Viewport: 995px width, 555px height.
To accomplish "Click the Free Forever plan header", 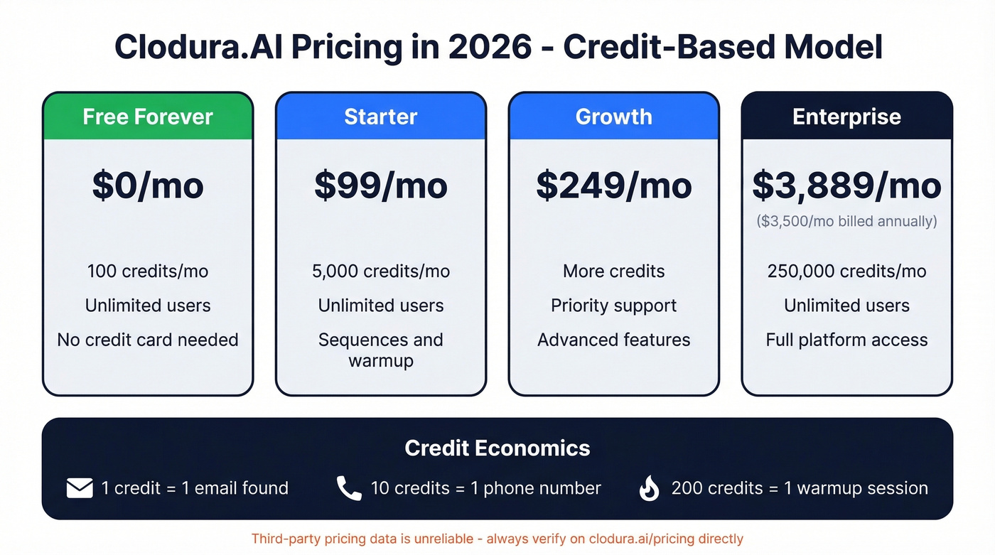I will point(148,117).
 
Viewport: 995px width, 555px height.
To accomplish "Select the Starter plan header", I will point(381,117).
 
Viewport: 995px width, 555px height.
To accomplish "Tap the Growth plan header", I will point(614,117).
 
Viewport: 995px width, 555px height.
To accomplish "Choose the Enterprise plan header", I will point(846,117).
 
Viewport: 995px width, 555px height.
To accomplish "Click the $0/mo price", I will point(148,185).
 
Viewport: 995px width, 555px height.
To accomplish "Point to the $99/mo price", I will point(381,185).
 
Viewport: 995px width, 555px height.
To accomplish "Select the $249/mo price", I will point(614,185).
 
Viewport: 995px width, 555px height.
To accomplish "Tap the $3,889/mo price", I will point(846,185).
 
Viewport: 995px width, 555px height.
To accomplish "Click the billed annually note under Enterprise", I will point(846,221).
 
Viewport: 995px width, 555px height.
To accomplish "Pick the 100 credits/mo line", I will point(148,271).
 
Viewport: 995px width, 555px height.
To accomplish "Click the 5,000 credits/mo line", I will point(381,271).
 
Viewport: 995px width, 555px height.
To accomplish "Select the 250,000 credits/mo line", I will point(846,271).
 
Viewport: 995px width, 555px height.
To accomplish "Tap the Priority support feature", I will point(614,306).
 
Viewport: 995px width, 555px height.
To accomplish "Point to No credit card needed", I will point(148,340).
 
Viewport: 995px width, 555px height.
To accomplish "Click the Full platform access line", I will point(846,340).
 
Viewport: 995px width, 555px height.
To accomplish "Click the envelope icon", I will point(80,488).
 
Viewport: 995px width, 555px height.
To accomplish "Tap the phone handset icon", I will point(349,488).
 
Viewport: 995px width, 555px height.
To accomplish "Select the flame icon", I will point(650,488).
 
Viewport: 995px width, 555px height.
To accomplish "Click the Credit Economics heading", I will point(497,448).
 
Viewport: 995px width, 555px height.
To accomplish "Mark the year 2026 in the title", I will point(490,48).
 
